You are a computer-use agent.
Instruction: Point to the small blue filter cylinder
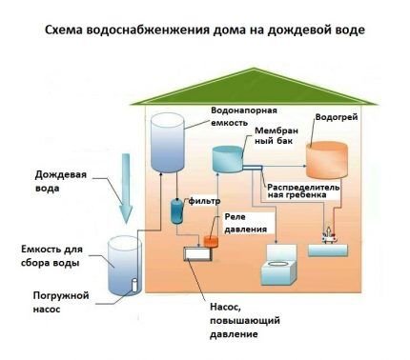click(177, 210)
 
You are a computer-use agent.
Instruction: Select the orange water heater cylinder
click(325, 164)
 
